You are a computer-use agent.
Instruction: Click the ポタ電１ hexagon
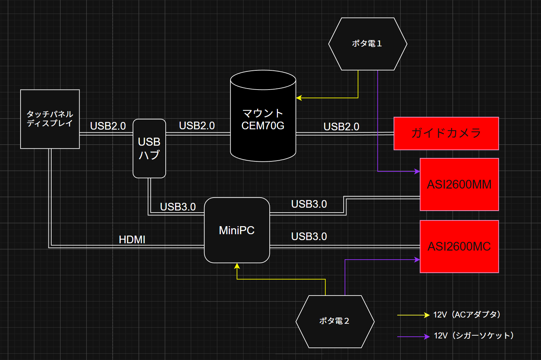(x=368, y=44)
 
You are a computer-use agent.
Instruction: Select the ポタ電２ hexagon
(x=335, y=321)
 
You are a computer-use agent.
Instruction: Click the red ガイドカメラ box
(x=446, y=133)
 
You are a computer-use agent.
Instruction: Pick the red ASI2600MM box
(x=459, y=184)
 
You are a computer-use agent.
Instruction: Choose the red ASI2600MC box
(x=459, y=246)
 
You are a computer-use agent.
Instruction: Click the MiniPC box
(x=237, y=230)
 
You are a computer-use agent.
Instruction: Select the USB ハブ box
(x=149, y=148)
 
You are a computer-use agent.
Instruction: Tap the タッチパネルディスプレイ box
(x=50, y=119)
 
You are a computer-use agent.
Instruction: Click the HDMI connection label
(x=132, y=239)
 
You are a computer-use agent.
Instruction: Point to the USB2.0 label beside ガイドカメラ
(x=341, y=127)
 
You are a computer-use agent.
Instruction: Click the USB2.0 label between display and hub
(x=108, y=126)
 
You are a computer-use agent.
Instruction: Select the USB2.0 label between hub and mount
(x=197, y=125)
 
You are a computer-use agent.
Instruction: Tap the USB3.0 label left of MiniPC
(x=178, y=207)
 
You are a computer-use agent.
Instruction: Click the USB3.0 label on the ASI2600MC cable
(x=309, y=236)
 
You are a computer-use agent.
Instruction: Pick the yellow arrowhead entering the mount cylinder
(x=299, y=98)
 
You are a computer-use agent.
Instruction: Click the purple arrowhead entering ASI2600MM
(x=417, y=171)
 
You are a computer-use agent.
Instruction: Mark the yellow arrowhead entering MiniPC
(x=237, y=266)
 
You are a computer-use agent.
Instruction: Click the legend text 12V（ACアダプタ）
(x=467, y=315)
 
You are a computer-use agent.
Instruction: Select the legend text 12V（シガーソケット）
(x=474, y=336)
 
